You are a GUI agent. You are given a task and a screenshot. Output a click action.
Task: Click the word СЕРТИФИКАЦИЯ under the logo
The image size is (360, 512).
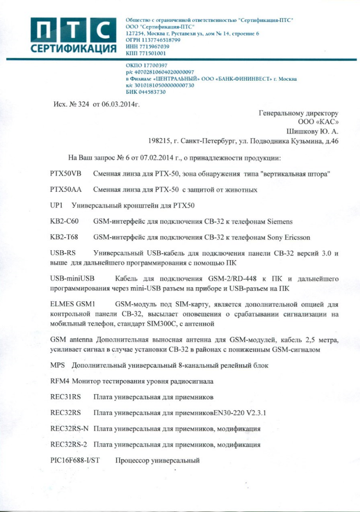pos(73,49)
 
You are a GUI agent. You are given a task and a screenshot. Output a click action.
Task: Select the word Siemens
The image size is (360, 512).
pos(280,222)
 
